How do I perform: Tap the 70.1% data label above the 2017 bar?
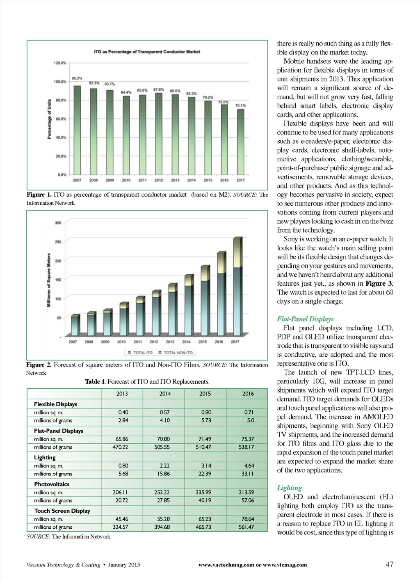pos(240,105)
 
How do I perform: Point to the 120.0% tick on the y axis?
pos(60,63)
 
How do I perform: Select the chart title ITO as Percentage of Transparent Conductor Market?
pos(147,52)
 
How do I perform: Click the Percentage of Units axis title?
pos(49,119)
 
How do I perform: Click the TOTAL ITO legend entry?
pos(140,352)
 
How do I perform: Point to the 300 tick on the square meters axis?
pos(58,223)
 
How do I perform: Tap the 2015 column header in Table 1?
pos(205,393)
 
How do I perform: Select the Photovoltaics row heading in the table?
pos(52,484)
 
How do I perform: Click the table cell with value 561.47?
pos(246,527)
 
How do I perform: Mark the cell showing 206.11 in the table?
pos(120,492)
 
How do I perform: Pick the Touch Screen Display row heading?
pos(62,511)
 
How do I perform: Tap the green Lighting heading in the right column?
pos(289,488)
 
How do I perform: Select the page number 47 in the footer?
pos(389,564)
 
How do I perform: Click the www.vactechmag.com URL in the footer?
pos(226,565)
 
